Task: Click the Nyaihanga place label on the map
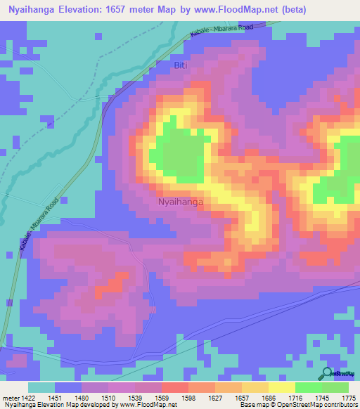(180, 202)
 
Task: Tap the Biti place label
(181, 65)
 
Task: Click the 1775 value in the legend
(347, 397)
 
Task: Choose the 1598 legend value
(188, 397)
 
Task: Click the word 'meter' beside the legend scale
(11, 397)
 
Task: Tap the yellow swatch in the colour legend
(281, 387)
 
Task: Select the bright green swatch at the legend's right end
(335, 387)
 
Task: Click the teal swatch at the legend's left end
(41, 387)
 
